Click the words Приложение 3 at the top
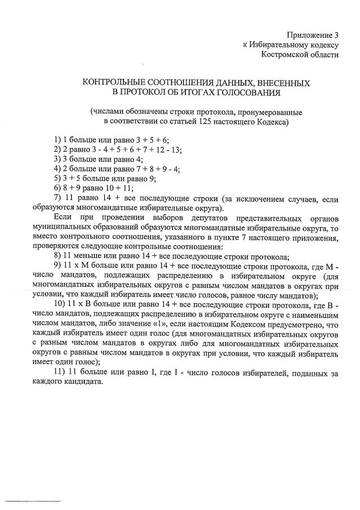click(x=314, y=36)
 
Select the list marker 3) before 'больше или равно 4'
click(x=57, y=159)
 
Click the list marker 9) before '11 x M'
click(x=57, y=265)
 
